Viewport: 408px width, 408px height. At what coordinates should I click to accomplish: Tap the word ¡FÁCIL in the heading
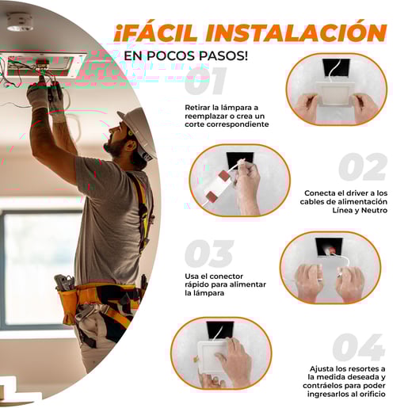(156, 32)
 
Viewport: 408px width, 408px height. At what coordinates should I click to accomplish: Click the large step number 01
(205, 81)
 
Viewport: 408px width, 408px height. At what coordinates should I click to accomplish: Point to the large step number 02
(363, 167)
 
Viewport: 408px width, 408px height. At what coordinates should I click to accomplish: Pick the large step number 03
(209, 254)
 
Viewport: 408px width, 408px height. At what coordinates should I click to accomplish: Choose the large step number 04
(359, 347)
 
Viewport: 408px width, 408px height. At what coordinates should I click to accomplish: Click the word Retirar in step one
(196, 108)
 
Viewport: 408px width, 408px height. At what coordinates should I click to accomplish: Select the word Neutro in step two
(374, 210)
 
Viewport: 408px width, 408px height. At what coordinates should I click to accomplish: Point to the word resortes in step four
(357, 368)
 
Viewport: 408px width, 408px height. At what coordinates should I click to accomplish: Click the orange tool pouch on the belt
(69, 303)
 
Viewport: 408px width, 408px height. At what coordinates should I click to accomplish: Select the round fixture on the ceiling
(20, 22)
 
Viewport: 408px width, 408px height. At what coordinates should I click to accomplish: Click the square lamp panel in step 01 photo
(336, 94)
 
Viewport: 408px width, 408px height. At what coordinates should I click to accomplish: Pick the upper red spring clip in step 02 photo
(224, 175)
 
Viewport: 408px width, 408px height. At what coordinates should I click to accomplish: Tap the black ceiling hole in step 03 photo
(329, 247)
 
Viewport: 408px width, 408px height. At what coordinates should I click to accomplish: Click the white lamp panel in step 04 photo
(212, 357)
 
